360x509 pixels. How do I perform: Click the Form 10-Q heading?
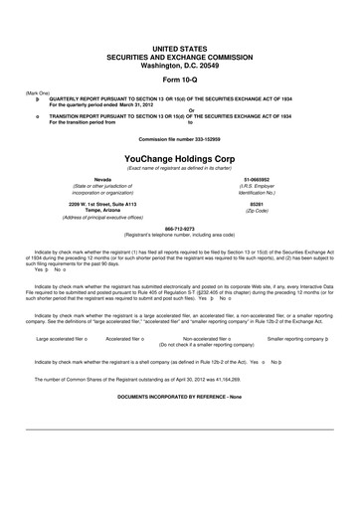179,79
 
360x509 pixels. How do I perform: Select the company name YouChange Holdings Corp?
179,157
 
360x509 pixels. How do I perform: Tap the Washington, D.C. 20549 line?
179,63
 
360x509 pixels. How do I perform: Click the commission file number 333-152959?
179,137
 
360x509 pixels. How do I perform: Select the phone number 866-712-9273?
179,228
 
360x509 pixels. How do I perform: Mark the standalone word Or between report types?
179,109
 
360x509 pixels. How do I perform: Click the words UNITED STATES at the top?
179,47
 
